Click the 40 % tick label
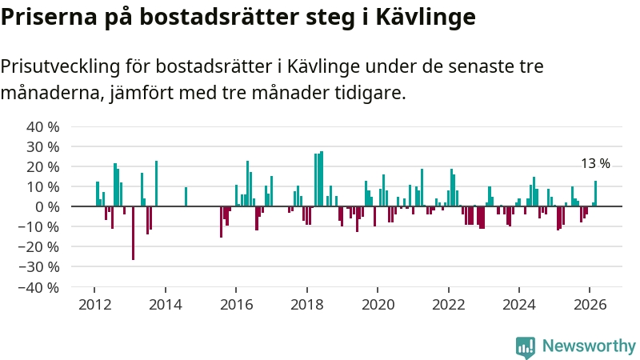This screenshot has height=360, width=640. click(x=44, y=127)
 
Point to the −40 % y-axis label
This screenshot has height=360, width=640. click(x=41, y=286)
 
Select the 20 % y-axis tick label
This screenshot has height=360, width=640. click(x=44, y=167)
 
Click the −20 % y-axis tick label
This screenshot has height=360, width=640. click(x=41, y=246)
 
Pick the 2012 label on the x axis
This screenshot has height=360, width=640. click(x=94, y=304)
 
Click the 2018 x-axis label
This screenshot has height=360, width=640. click(x=306, y=304)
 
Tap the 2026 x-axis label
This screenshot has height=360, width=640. click(x=590, y=304)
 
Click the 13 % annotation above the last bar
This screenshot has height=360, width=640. click(x=595, y=164)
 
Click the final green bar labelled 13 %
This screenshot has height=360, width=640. click(x=595, y=194)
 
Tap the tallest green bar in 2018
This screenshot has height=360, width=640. click(x=322, y=178)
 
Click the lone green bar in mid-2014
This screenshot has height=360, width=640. click(x=186, y=197)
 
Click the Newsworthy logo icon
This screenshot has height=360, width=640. click(x=526, y=346)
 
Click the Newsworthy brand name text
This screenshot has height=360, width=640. click(x=588, y=346)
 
